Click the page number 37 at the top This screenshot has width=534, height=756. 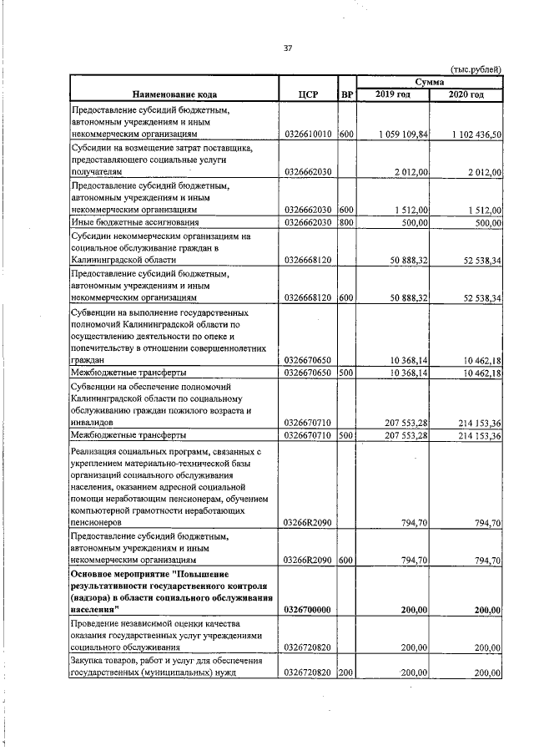(288, 49)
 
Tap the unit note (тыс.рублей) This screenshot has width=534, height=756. (476, 69)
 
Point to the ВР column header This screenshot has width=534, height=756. (348, 94)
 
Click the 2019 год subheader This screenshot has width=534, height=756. (393, 94)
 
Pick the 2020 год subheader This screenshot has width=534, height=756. (466, 94)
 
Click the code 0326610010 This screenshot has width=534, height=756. (309, 134)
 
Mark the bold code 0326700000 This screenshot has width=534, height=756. (309, 610)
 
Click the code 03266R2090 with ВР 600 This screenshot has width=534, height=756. (309, 561)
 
